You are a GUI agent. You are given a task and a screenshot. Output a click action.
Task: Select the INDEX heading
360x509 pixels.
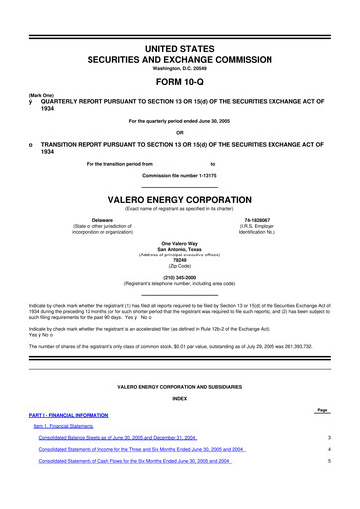pos(179,396)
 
